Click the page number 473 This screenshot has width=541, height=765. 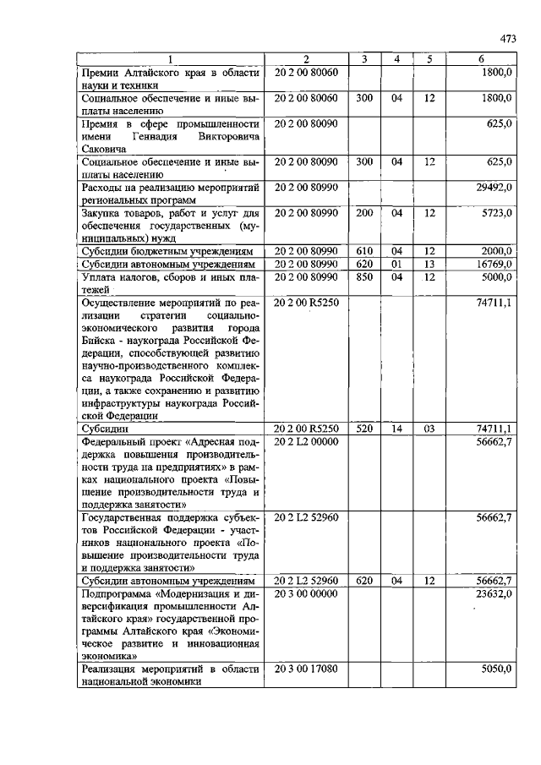pyautogui.click(x=507, y=39)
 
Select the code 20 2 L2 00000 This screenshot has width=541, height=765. pyautogui.click(x=307, y=441)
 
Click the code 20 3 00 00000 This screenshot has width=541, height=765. pyautogui.click(x=307, y=593)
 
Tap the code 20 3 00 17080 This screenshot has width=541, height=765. pyautogui.click(x=307, y=668)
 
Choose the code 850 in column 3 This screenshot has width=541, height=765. pyautogui.click(x=364, y=276)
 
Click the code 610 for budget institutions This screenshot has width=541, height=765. pyautogui.click(x=364, y=252)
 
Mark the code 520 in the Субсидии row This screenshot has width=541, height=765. pyautogui.click(x=364, y=429)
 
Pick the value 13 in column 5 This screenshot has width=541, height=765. pyautogui.click(x=429, y=264)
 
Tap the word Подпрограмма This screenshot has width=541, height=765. pyautogui.click(x=119, y=593)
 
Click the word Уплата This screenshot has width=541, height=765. pyautogui.click(x=100, y=276)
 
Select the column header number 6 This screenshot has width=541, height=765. pyautogui.click(x=481, y=59)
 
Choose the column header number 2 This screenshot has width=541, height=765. pyautogui.click(x=307, y=59)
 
